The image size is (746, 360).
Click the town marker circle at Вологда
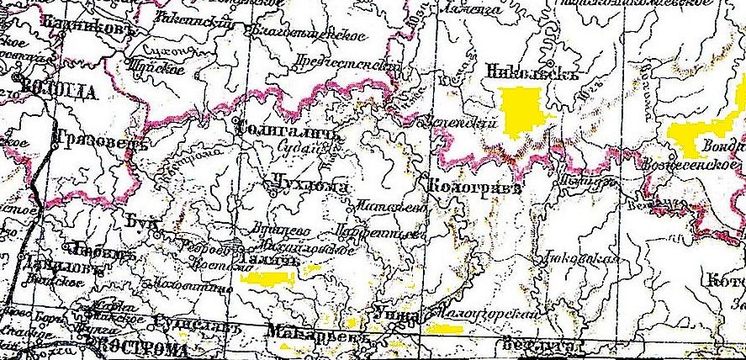(x=19, y=77)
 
